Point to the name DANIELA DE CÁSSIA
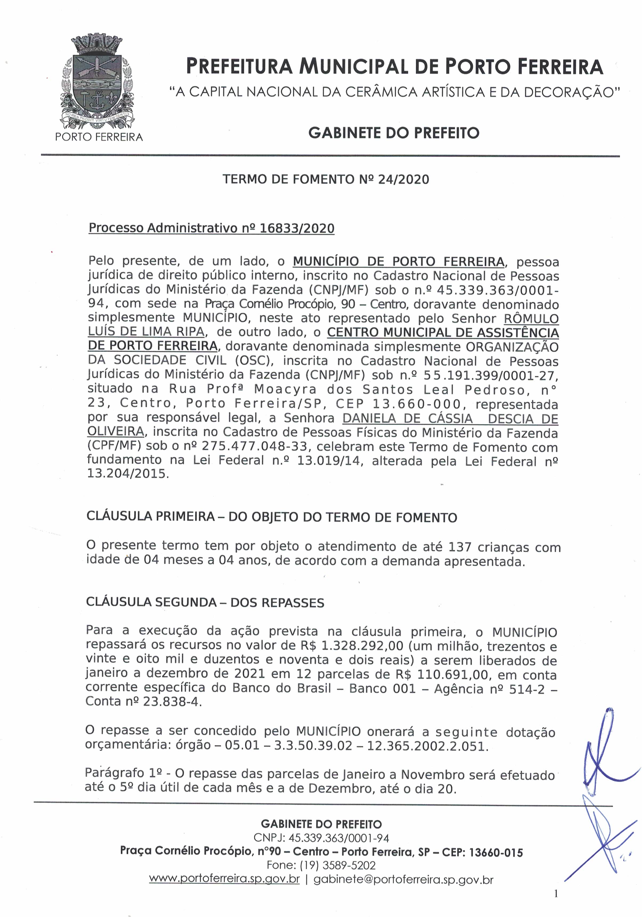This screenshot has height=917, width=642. (407, 419)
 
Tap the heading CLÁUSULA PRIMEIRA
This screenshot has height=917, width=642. (151, 517)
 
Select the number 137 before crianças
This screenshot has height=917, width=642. (460, 546)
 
